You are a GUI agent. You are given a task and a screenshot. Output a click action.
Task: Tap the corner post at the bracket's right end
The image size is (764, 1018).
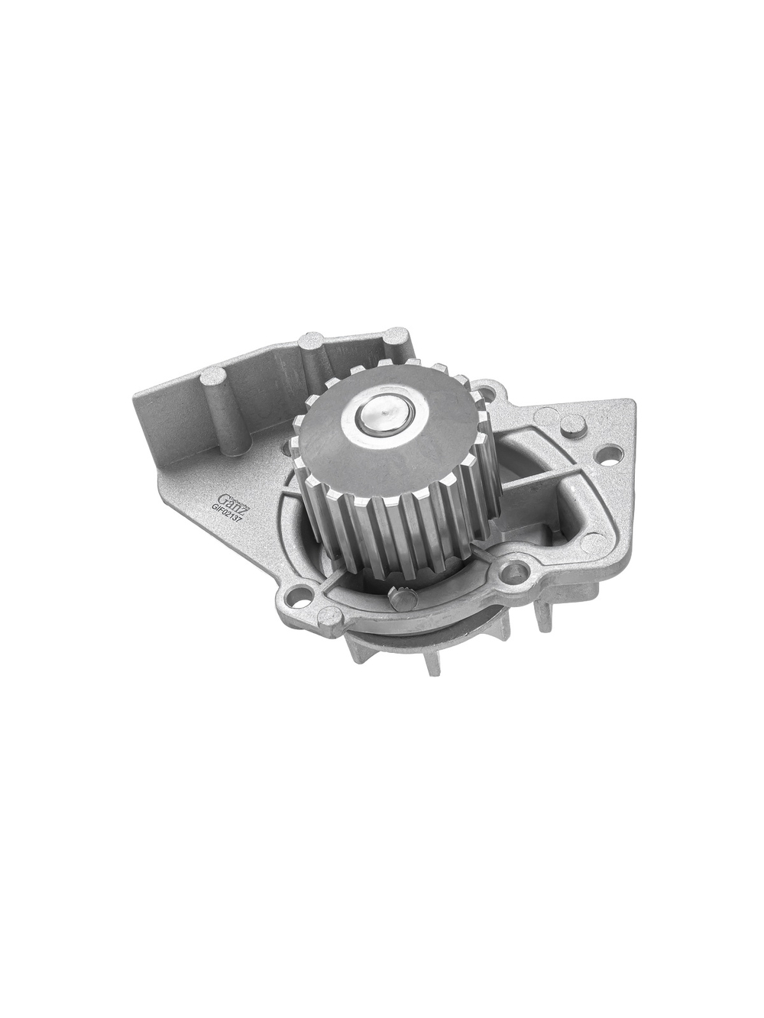pyautogui.click(x=396, y=338)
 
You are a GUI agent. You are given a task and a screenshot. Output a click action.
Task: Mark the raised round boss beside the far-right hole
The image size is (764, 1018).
pyautogui.click(x=547, y=416)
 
